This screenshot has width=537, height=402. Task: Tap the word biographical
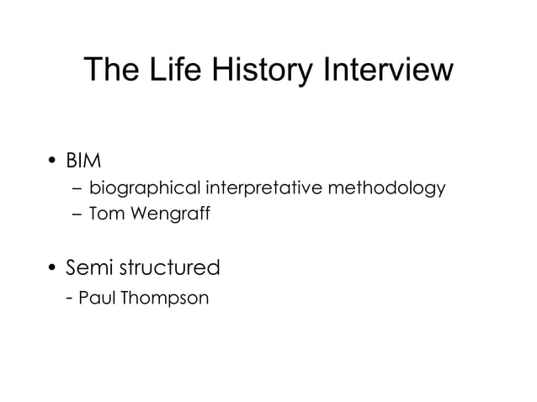pyautogui.click(x=141, y=188)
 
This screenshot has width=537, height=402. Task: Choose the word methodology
pyautogui.click(x=385, y=188)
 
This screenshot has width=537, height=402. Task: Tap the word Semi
pyautogui.click(x=92, y=268)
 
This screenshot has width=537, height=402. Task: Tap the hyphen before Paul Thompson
pyautogui.click(x=69, y=299)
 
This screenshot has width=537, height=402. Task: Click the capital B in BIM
pyautogui.click(x=72, y=160)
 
